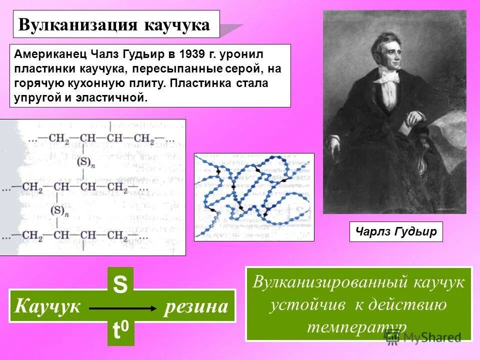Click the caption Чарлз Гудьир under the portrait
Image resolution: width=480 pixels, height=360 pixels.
[x=396, y=231]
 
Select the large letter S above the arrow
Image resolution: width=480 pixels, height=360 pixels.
[x=120, y=285]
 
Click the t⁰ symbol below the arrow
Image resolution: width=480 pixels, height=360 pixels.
[x=120, y=330]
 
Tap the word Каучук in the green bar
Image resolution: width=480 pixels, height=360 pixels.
[x=47, y=306]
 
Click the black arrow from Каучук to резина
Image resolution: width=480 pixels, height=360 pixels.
[x=122, y=308]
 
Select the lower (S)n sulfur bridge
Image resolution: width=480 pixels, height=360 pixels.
[x=58, y=210]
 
